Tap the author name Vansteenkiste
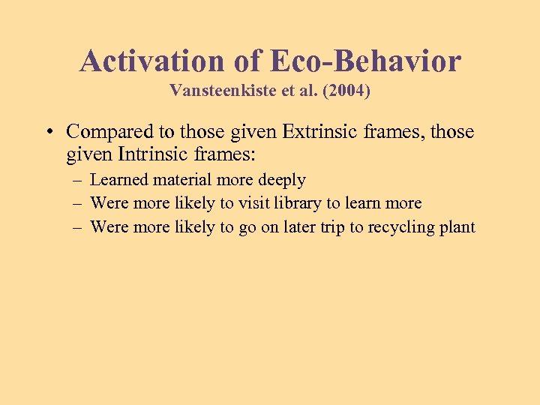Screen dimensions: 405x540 coord(218,91)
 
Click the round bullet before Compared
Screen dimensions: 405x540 coord(48,133)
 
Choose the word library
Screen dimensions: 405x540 coord(302,203)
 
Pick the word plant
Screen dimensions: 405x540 coord(457,227)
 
